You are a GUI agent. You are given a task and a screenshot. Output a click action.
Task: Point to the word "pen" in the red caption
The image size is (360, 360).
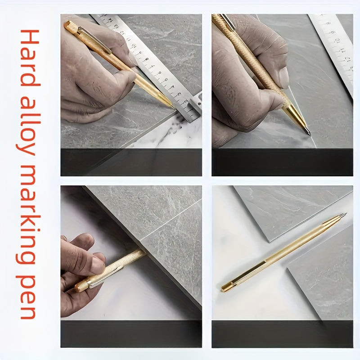click(x=27, y=297)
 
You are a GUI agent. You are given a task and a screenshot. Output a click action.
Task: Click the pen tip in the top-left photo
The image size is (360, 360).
click(x=174, y=107)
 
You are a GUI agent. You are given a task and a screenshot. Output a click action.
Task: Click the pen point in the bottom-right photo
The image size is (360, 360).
click(x=344, y=215)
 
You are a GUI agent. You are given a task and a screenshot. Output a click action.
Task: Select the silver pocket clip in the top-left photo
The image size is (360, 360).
click(x=94, y=39)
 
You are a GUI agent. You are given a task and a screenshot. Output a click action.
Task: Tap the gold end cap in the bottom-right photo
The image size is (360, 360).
click(x=226, y=287)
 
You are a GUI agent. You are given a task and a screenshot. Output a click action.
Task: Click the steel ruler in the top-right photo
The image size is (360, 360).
click(x=333, y=53)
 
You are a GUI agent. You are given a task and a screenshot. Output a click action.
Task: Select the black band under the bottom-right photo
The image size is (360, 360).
click(x=283, y=334)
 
